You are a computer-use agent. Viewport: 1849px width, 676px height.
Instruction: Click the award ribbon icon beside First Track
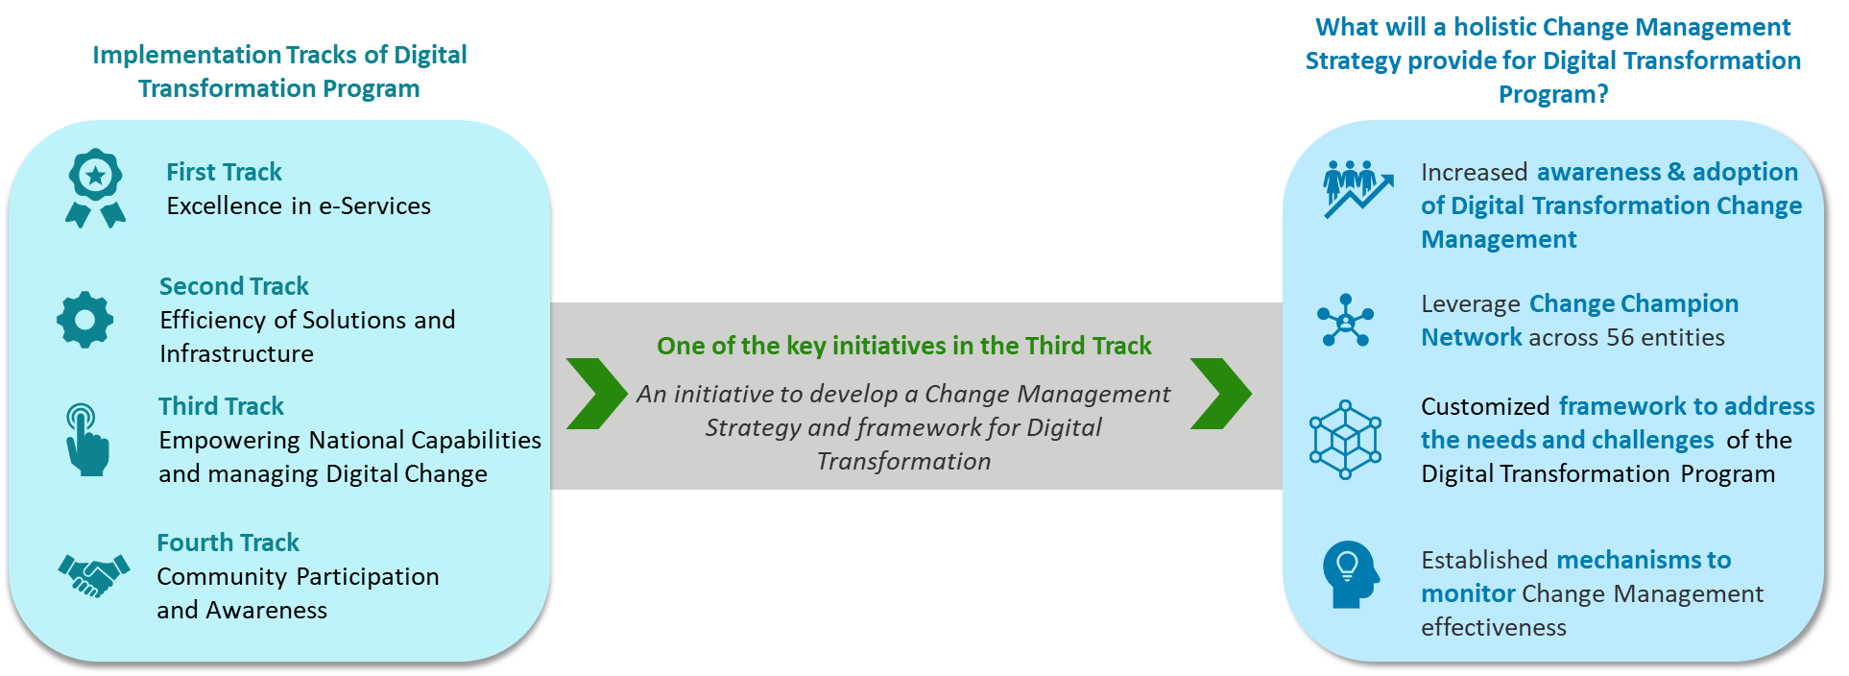coord(95,188)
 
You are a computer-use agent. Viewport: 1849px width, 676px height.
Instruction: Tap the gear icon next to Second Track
coord(84,320)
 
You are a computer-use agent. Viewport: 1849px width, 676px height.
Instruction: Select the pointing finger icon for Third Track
coord(86,440)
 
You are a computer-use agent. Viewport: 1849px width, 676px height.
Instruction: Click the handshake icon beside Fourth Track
coord(93,575)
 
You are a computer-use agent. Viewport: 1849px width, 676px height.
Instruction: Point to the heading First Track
coord(224,172)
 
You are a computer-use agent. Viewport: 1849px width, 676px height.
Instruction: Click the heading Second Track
coord(233,286)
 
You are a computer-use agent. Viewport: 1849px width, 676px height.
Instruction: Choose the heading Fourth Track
coord(228,543)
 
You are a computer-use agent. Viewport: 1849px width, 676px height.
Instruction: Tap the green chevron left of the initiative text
coord(595,394)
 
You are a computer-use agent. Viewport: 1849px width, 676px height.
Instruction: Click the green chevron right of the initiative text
coord(1219,394)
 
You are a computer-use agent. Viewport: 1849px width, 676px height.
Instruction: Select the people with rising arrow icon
coord(1356,188)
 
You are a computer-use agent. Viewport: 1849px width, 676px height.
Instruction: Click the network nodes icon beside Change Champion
coord(1345,320)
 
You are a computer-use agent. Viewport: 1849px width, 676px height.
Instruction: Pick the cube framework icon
coord(1345,439)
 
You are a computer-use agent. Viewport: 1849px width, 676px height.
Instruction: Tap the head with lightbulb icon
coord(1350,574)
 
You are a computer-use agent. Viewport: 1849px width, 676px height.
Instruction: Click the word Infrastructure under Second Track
coord(236,354)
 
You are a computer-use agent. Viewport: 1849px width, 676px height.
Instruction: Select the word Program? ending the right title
coord(1552,94)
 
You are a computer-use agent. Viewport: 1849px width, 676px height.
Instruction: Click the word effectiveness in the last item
coord(1493,628)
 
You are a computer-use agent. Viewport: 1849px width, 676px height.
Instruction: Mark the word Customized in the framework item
coord(1484,407)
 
